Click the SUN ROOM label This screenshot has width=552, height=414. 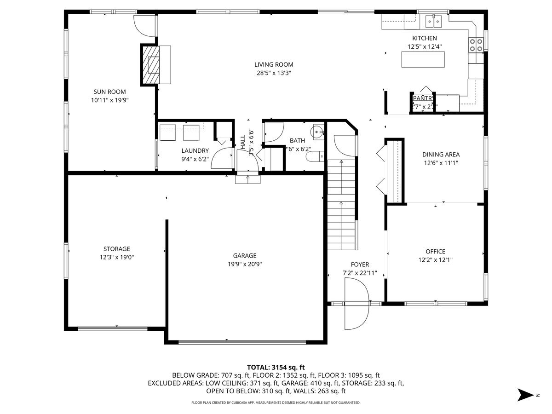(x=109, y=92)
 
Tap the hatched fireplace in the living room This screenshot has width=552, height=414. (x=149, y=65)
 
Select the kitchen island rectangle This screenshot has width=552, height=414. (x=423, y=59)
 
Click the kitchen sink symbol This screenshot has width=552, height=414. (x=433, y=20)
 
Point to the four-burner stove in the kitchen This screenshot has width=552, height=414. (x=476, y=45)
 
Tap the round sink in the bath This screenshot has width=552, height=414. (x=318, y=132)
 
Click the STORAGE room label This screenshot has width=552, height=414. (x=116, y=249)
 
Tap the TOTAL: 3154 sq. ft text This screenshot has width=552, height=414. (x=276, y=367)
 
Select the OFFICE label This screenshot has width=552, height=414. (x=435, y=252)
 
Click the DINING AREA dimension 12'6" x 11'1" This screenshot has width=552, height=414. (x=441, y=163)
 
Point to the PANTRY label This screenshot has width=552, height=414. (x=422, y=98)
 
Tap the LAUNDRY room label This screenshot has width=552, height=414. (x=195, y=150)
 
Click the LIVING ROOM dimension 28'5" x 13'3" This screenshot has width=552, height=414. (x=274, y=73)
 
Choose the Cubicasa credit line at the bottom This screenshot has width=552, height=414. (x=276, y=402)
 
